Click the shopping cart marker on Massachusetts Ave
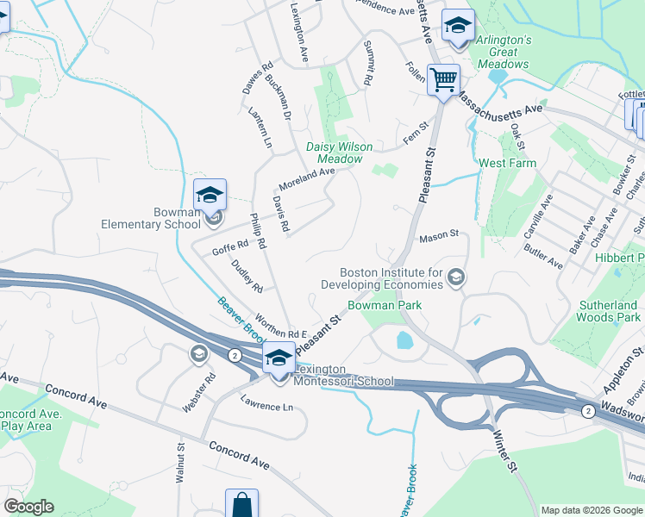click(x=443, y=80)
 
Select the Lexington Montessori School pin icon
click(x=279, y=360)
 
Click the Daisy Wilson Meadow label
click(x=340, y=153)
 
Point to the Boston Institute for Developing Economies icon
click(x=456, y=277)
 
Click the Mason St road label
click(x=438, y=237)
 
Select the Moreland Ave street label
click(x=306, y=179)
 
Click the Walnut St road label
click(x=180, y=462)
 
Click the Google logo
click(x=28, y=507)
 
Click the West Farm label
click(x=507, y=163)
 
